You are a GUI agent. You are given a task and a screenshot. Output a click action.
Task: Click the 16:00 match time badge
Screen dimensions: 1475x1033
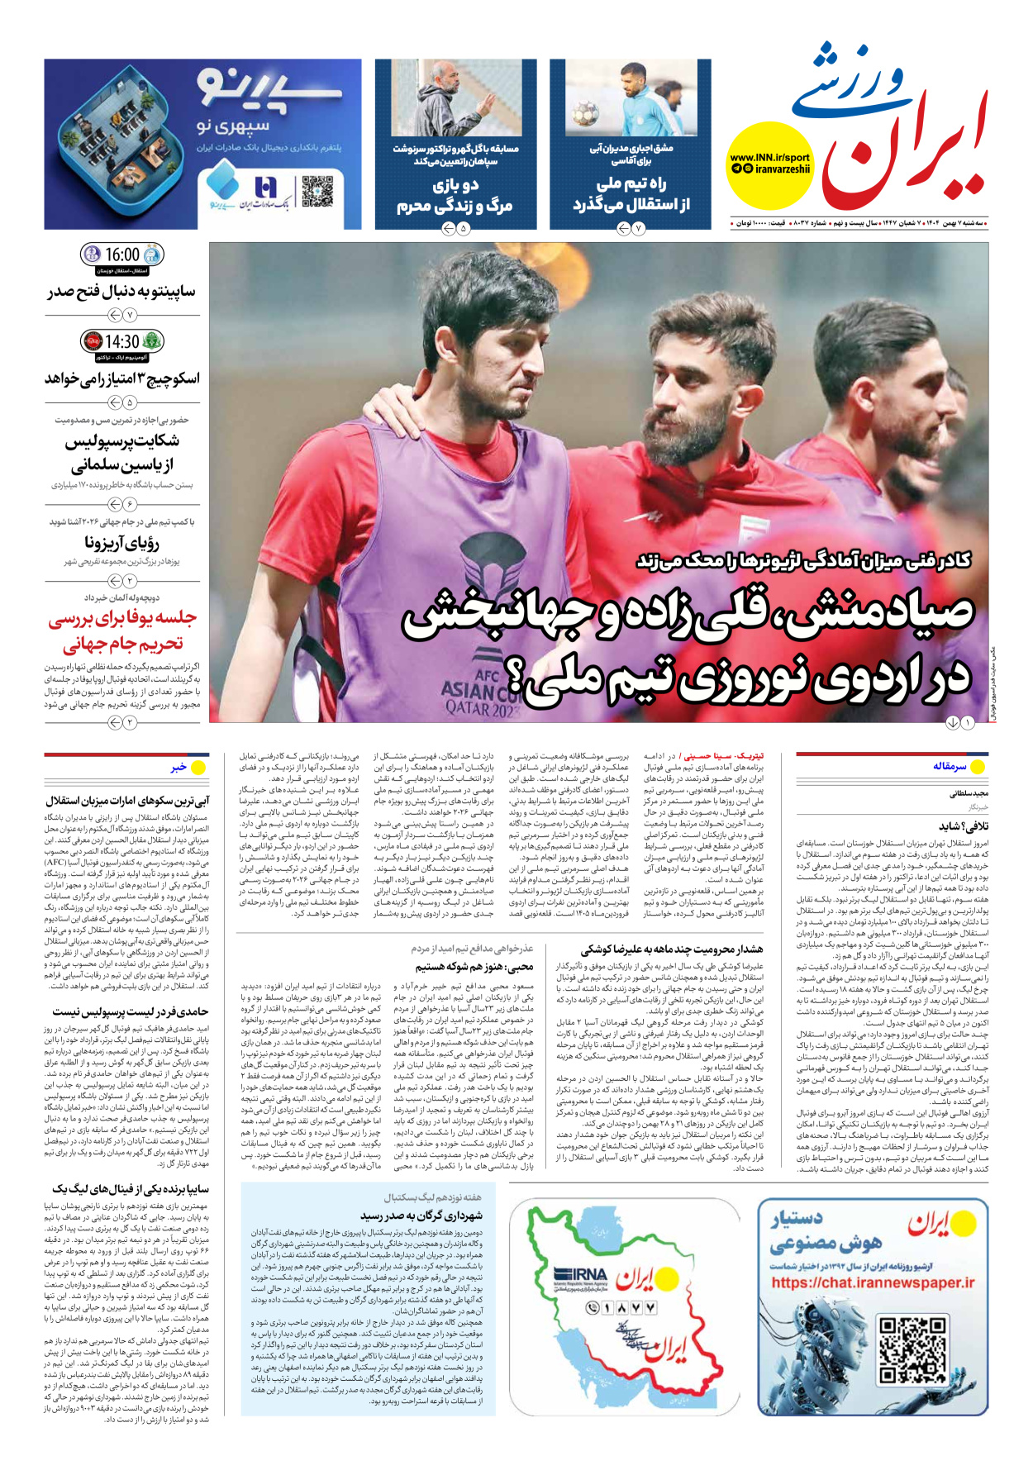click(122, 255)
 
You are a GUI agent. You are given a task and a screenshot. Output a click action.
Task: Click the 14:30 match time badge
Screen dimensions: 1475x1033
click(122, 341)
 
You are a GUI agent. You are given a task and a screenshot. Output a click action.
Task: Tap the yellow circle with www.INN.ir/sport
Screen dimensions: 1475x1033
click(769, 164)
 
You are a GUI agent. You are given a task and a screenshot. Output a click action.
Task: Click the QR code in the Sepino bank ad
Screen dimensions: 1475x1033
click(317, 191)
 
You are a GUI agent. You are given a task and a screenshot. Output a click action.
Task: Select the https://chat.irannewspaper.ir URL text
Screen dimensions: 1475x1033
click(873, 1283)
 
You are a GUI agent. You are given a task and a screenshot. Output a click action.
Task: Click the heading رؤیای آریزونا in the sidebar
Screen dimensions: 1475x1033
click(121, 542)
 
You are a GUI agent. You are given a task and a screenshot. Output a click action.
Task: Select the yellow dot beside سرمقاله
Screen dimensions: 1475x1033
click(978, 767)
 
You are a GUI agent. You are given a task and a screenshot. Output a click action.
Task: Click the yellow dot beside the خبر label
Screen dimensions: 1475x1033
click(198, 768)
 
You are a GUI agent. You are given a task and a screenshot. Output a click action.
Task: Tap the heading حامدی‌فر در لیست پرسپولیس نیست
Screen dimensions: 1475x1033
click(131, 1011)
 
